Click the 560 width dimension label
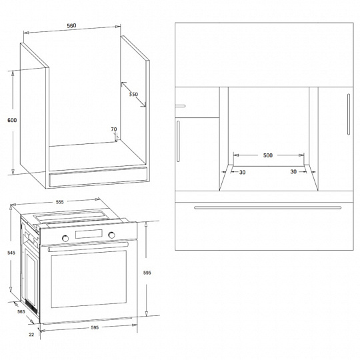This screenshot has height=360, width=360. click(x=71, y=26)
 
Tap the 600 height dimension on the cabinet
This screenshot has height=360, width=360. click(x=12, y=120)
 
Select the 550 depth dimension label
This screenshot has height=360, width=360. click(x=133, y=94)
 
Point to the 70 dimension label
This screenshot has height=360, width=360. click(x=114, y=129)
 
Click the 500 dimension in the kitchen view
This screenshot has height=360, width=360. click(x=268, y=155)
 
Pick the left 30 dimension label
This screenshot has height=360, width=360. click(x=243, y=172)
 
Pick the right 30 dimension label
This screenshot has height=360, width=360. click(x=293, y=171)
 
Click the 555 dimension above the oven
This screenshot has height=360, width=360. click(x=59, y=202)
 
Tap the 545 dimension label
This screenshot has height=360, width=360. click(x=11, y=253)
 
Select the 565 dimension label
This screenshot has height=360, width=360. click(x=21, y=311)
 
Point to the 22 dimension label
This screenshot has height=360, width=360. click(x=31, y=335)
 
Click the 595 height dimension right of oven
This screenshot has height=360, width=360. click(x=147, y=273)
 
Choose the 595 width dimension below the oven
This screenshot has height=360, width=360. click(x=95, y=327)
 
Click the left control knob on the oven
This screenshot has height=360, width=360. click(x=65, y=238)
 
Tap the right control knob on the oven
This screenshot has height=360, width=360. click(x=111, y=235)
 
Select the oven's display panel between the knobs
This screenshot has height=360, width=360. click(x=89, y=234)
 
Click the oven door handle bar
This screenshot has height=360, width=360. click(x=88, y=246)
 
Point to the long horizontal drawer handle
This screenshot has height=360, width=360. click(x=268, y=208)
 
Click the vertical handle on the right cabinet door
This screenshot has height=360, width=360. click(x=349, y=114)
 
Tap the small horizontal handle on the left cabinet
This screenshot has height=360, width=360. click(x=180, y=106)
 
